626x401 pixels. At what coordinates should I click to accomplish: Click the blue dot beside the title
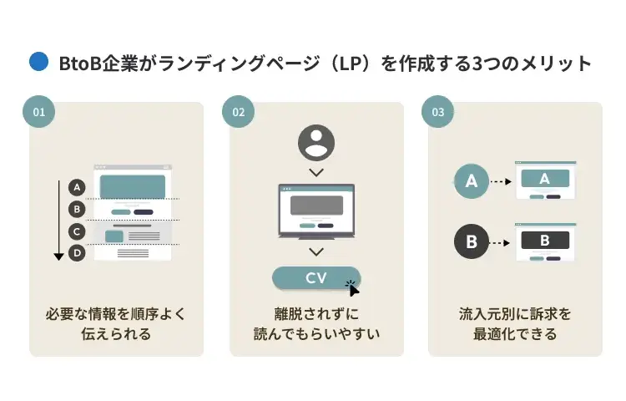(x=38, y=62)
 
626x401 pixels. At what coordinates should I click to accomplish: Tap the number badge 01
(x=38, y=111)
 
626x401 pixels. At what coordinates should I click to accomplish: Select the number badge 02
(x=239, y=111)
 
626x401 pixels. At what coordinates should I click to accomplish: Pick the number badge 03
(x=438, y=111)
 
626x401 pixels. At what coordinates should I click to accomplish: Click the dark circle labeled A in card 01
(x=77, y=187)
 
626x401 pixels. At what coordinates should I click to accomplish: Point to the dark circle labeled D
(x=77, y=253)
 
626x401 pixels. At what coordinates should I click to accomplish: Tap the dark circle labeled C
(x=77, y=231)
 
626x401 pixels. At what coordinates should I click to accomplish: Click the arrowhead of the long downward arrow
(x=58, y=256)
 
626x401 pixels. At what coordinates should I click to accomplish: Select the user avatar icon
(x=316, y=143)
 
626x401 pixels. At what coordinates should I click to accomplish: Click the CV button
(x=316, y=277)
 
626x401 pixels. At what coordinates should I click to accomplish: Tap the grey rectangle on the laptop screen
(x=316, y=206)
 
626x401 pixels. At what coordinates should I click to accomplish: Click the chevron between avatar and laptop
(x=316, y=173)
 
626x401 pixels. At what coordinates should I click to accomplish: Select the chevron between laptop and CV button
(x=316, y=251)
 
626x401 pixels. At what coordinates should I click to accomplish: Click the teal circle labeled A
(x=472, y=181)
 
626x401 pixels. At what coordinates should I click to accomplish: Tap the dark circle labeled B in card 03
(x=472, y=241)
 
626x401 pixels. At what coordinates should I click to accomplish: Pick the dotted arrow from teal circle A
(x=501, y=181)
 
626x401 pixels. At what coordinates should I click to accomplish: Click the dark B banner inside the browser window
(x=545, y=240)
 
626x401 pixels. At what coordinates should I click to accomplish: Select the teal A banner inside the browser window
(x=545, y=178)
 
